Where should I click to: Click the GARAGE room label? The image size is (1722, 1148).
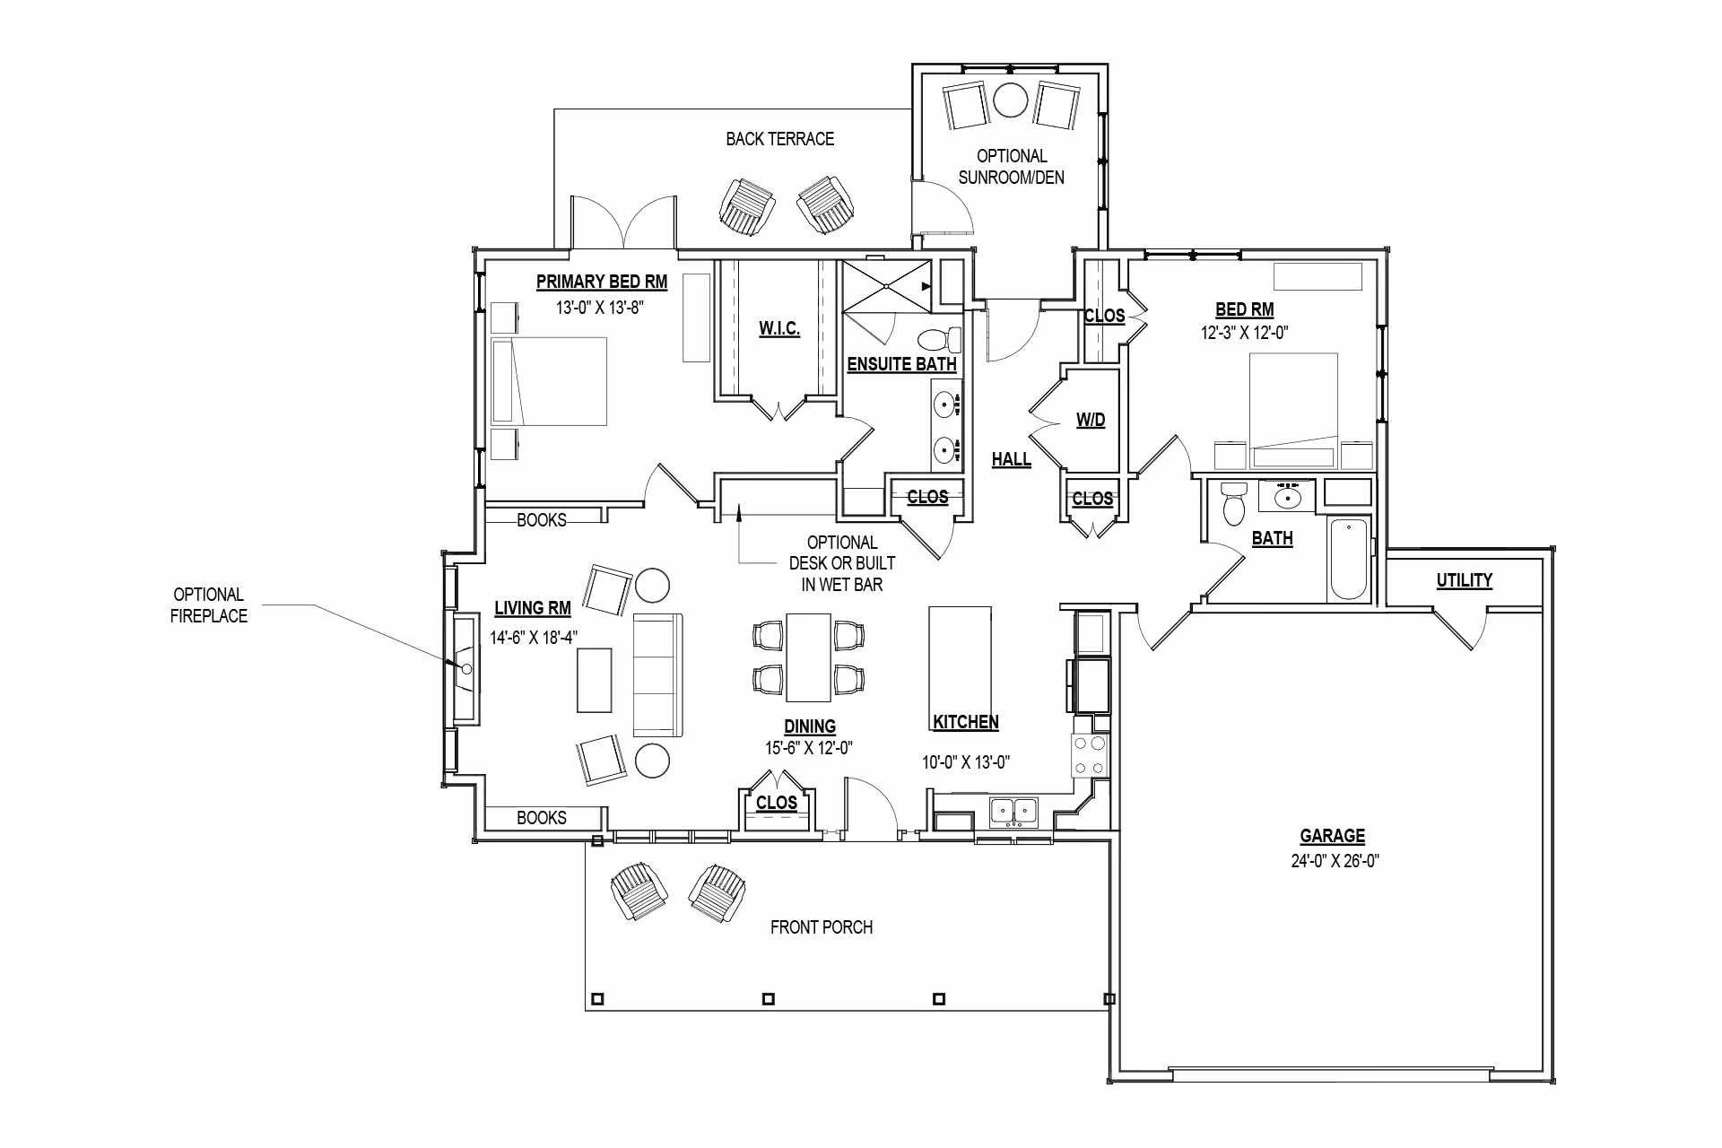tap(1333, 836)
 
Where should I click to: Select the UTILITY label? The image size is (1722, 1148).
tap(1465, 580)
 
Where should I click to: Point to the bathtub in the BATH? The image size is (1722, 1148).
tap(1349, 560)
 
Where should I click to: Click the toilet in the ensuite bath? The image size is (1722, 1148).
tap(939, 340)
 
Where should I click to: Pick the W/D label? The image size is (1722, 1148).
tap(1091, 420)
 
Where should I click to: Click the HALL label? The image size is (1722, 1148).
tap(1011, 459)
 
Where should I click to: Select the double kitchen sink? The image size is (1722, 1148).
tap(1013, 812)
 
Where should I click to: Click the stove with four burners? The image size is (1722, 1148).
tap(1090, 754)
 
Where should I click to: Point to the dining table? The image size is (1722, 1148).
tap(809, 657)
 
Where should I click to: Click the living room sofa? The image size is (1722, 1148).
tap(658, 675)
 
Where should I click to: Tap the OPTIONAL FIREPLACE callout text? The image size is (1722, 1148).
tap(209, 605)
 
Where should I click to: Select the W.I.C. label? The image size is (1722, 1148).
tap(779, 329)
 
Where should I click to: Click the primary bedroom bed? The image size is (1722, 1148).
tap(549, 381)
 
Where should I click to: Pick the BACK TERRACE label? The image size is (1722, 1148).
tap(780, 139)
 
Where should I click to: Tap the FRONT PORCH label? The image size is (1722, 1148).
tap(822, 927)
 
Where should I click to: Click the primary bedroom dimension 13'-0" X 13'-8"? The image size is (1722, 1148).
tap(601, 308)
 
